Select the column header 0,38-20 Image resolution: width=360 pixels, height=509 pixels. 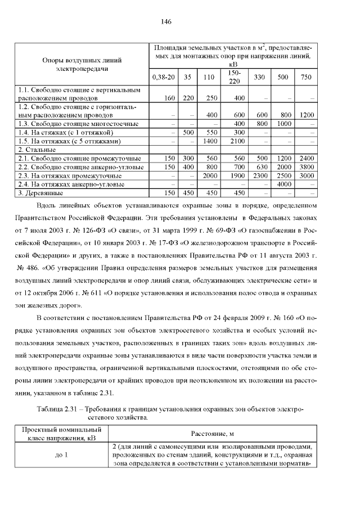163,76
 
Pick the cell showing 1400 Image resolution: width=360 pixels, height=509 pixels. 209,141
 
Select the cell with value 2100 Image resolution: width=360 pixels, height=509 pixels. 239,141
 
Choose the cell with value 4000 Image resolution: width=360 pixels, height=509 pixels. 283,184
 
